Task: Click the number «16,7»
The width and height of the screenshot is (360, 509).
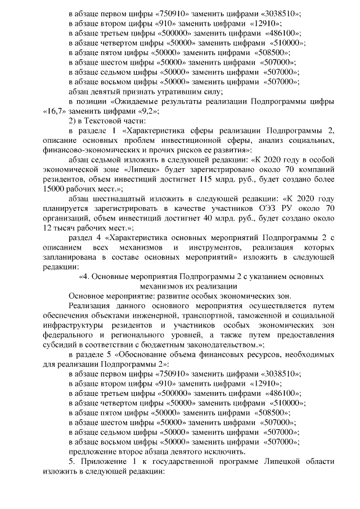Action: [51, 111]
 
